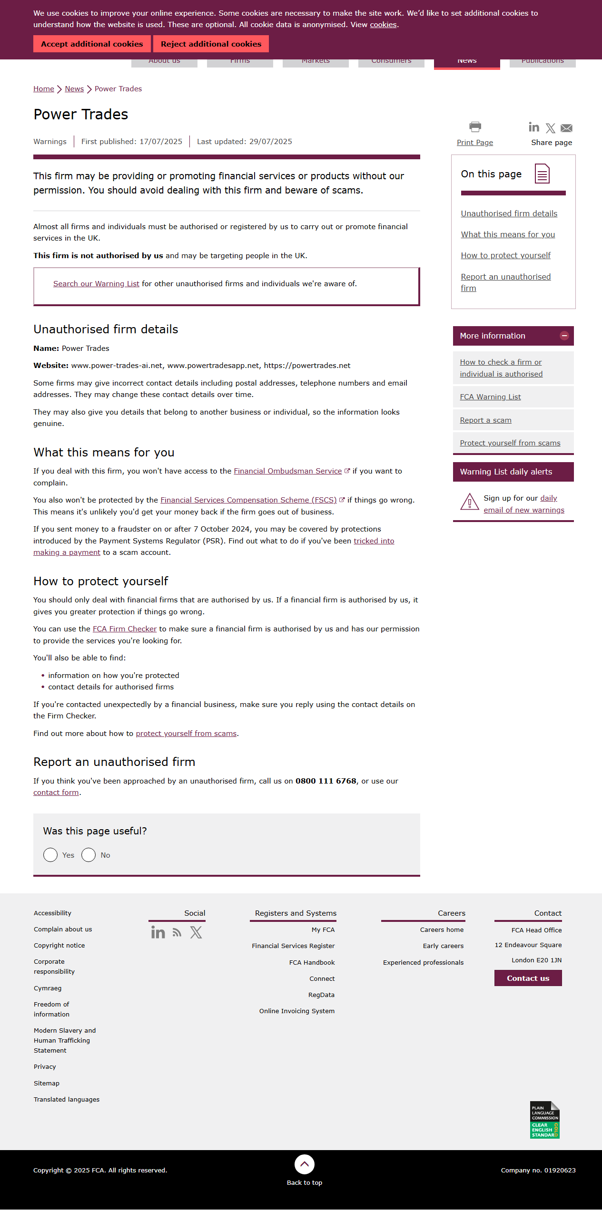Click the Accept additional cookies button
[x=92, y=44]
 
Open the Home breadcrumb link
[x=43, y=89]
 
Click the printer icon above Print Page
[x=475, y=127]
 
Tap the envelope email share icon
[x=566, y=128]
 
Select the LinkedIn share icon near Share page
[x=534, y=127]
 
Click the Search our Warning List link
[x=96, y=284]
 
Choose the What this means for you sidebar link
[x=508, y=234]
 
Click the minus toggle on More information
[x=564, y=336]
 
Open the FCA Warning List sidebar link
[x=490, y=397]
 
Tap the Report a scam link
[x=485, y=420]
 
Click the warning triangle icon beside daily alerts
[x=469, y=502]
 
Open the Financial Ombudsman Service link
[x=287, y=471]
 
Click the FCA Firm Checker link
[x=124, y=629]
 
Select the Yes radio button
[x=50, y=855]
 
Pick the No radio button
[x=89, y=855]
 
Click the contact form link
[x=56, y=793]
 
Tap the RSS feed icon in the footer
[x=177, y=933]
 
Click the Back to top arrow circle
[x=305, y=1164]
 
